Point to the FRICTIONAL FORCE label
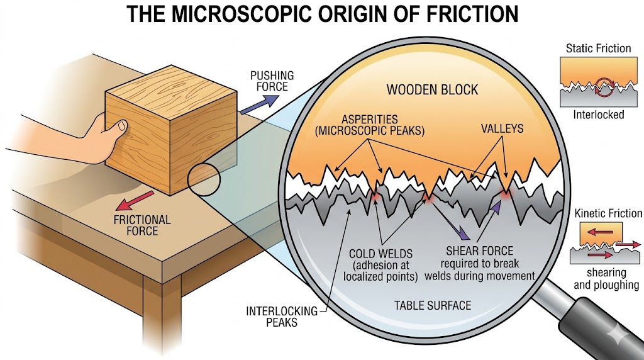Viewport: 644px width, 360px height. (x=142, y=225)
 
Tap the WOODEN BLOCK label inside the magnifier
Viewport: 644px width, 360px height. (x=432, y=89)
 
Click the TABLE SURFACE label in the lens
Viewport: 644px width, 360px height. (x=432, y=306)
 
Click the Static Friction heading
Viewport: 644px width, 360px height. (x=599, y=48)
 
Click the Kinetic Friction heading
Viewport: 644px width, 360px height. (x=608, y=214)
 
